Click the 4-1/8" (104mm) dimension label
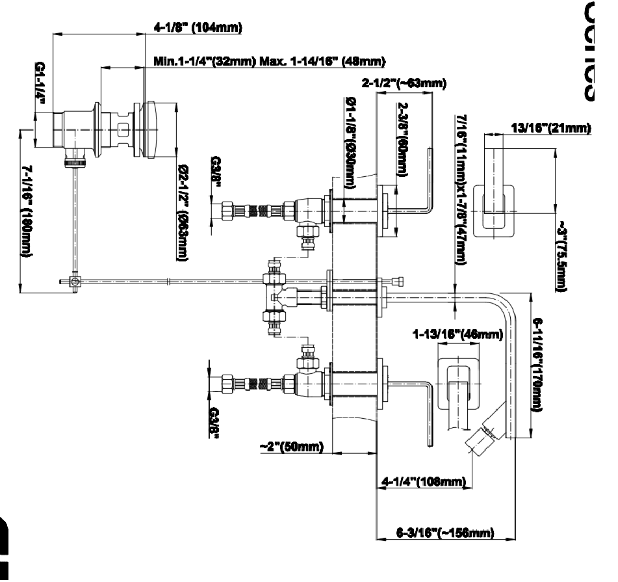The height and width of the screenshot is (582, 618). point(197,27)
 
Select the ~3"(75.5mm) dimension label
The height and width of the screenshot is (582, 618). point(560,256)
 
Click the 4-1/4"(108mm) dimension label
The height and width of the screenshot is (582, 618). point(423,481)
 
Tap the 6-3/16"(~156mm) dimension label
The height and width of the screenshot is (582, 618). point(445,533)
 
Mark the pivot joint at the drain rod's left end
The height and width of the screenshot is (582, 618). point(75,282)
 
